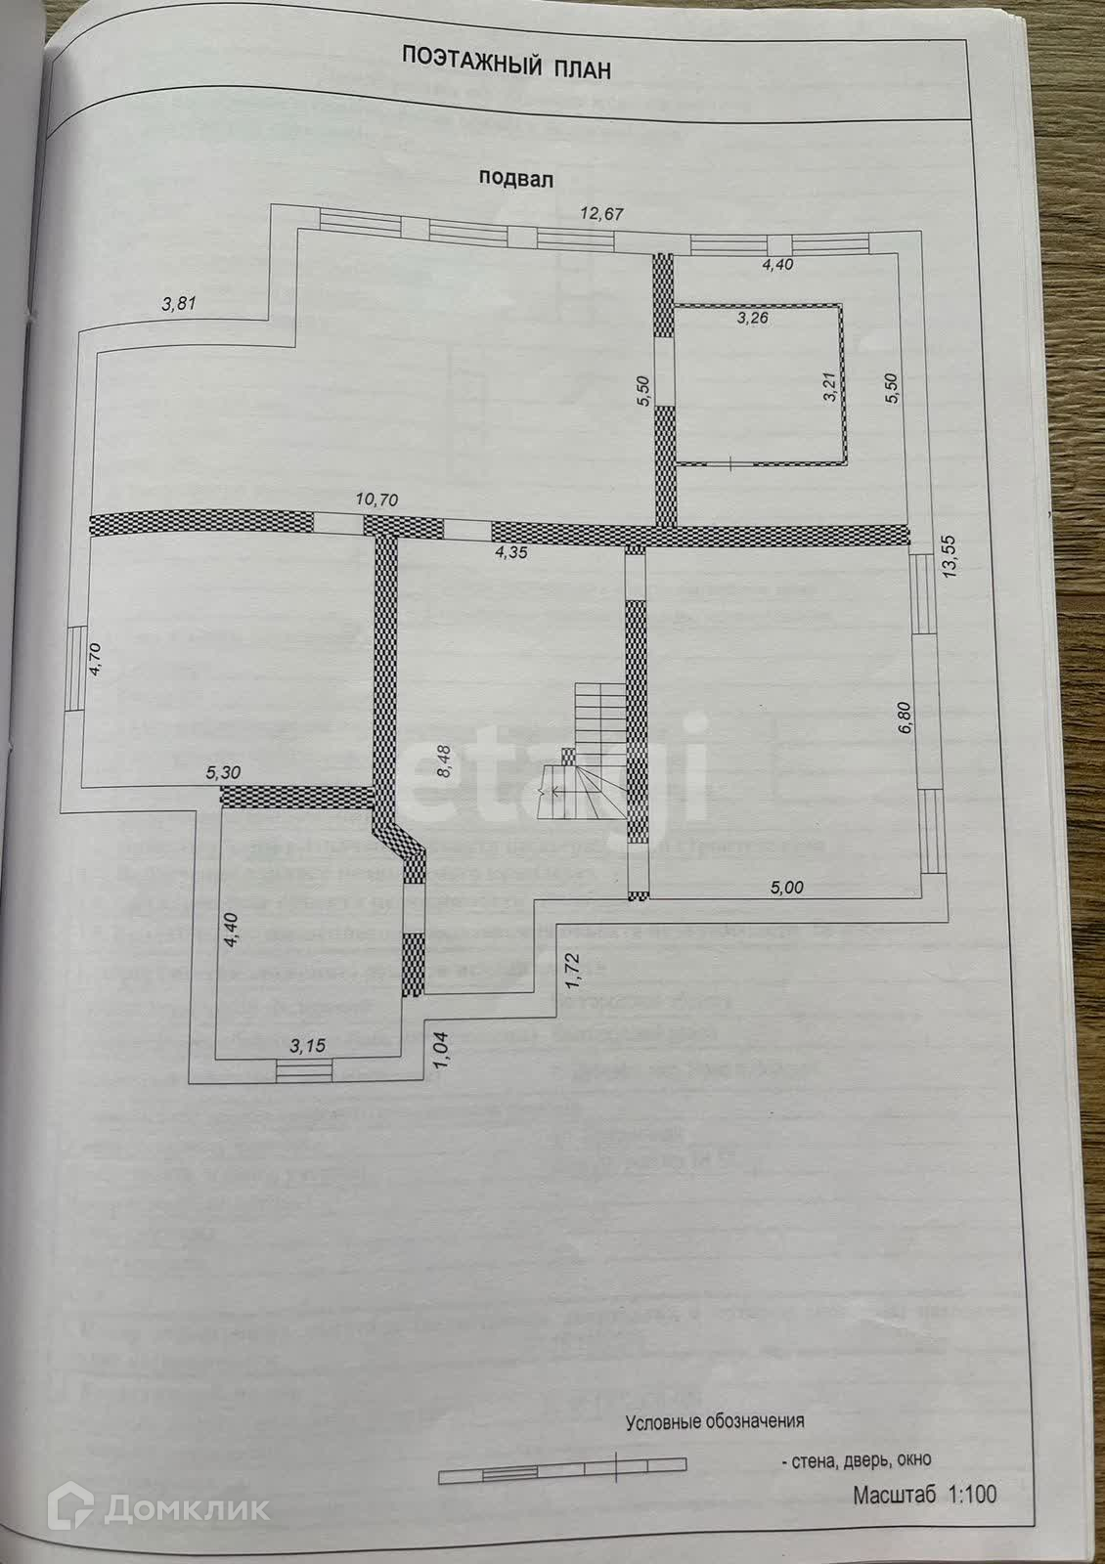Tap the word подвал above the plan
(516, 178)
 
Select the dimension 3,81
(179, 303)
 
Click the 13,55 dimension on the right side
(948, 557)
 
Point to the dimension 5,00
(787, 888)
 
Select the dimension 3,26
(754, 317)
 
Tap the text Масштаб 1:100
(923, 1495)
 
